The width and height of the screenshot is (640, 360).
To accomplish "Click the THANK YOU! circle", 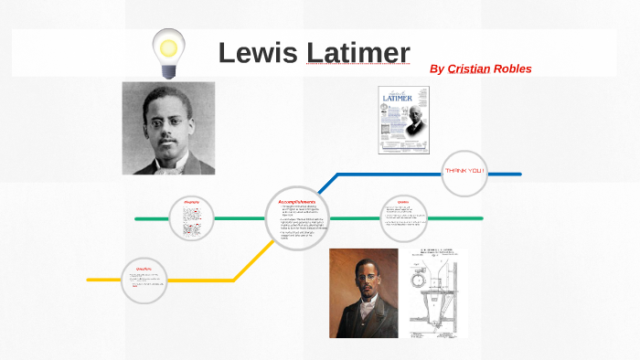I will pyautogui.click(x=465, y=172).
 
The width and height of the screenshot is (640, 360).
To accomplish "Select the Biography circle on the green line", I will pyautogui.click(x=191, y=218).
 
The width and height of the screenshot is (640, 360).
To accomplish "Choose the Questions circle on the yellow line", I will pyautogui.click(x=144, y=280).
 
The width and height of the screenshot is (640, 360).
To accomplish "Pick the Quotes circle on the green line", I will pyautogui.click(x=403, y=218).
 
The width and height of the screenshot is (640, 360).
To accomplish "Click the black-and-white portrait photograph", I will pyautogui.click(x=168, y=128).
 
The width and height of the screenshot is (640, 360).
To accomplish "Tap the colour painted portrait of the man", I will pyautogui.click(x=363, y=292).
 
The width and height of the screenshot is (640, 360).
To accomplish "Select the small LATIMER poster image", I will pyautogui.click(x=403, y=113).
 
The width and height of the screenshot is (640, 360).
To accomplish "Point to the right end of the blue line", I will pyautogui.click(x=519, y=174).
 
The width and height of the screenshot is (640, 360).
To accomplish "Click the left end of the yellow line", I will pyautogui.click(x=89, y=279).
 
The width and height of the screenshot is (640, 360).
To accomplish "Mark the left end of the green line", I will pyautogui.click(x=136, y=219).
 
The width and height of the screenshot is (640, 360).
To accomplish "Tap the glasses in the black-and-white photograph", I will pyautogui.click(x=167, y=122).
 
